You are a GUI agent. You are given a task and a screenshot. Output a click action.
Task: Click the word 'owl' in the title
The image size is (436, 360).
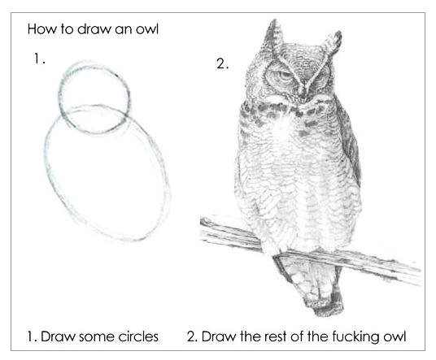pos(147,29)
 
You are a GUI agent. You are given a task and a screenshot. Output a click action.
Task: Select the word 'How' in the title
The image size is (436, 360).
pos(41,29)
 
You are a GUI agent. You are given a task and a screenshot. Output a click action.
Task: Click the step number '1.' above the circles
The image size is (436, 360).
pos(40,59)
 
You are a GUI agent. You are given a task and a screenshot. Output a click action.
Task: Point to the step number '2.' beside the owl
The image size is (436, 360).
pos(222,64)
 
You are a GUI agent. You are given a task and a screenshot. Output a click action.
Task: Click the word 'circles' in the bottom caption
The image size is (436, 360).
pos(138,336)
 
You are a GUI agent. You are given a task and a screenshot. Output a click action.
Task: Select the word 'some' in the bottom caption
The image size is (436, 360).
pos(97,336)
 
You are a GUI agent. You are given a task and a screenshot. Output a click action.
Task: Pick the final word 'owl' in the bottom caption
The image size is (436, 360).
pos(395,336)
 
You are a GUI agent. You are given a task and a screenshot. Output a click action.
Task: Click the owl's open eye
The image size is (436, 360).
pos(283,76)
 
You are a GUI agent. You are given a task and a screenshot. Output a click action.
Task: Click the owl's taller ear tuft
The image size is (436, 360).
pos(274,35)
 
